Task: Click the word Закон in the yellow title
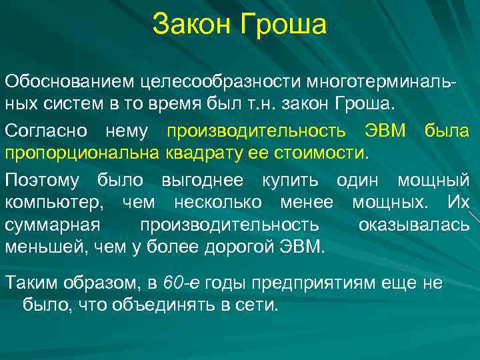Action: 189,25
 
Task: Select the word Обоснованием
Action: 69,82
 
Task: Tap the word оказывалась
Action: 413,225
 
